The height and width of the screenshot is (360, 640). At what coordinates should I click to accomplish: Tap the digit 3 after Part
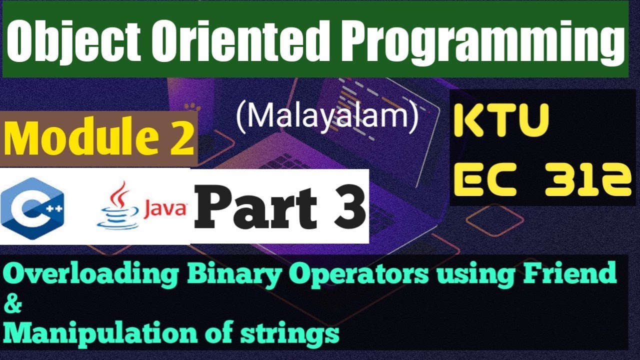pos(347,207)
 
